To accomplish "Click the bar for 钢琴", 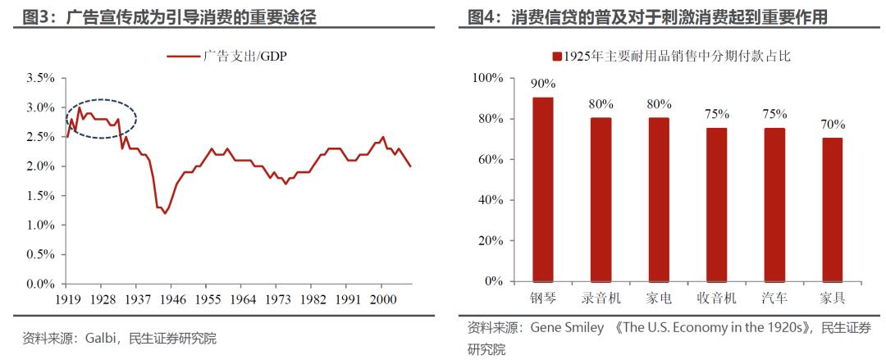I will [x=543, y=189].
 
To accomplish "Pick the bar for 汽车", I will [x=774, y=204].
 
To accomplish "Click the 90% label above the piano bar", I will [x=543, y=84].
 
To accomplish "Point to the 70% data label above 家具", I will [x=832, y=125].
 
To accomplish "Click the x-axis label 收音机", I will [x=716, y=297].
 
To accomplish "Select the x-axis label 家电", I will [x=659, y=297].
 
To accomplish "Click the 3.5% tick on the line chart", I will [x=40, y=78].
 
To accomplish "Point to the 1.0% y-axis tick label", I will [x=40, y=225].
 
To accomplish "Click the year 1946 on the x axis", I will [x=174, y=298].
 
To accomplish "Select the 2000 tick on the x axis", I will [x=381, y=298].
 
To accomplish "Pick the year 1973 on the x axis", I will [x=277, y=298].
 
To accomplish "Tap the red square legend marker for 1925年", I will [x=557, y=57].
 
